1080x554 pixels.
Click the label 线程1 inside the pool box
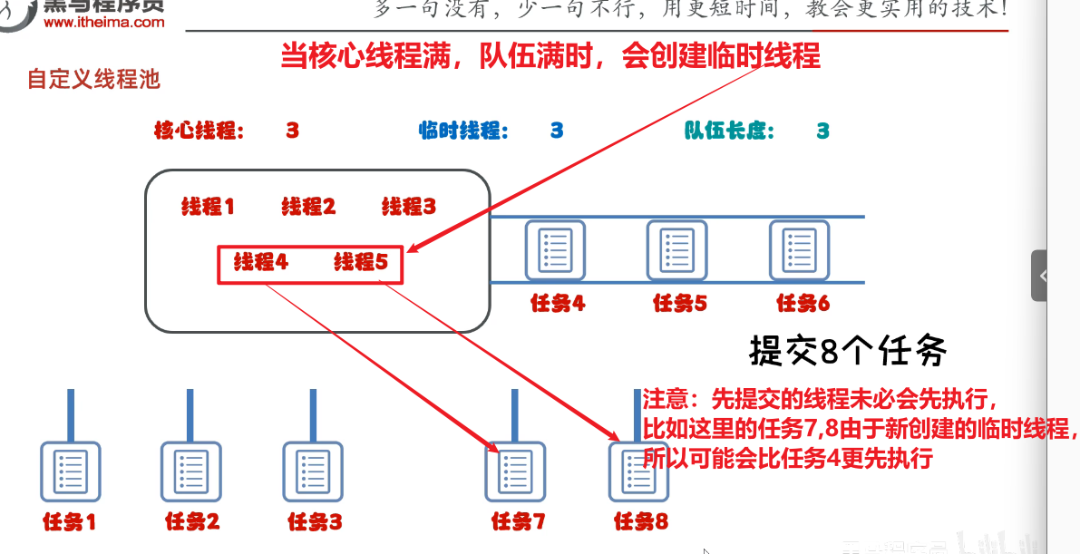point(208,207)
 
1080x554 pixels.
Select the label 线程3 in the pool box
point(408,207)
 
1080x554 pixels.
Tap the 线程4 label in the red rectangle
point(260,263)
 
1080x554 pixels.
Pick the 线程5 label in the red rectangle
point(360,263)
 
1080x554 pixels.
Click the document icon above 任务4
point(555,249)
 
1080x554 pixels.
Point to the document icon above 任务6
point(800,249)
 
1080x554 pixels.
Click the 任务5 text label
point(679,304)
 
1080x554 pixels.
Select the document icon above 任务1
point(70,471)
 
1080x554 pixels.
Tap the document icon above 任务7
point(516,471)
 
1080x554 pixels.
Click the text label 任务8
point(640,522)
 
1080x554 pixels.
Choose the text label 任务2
point(191,522)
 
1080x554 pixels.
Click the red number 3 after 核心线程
point(292,131)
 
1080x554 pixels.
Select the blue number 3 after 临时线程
point(557,131)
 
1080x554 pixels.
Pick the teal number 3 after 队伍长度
point(822,131)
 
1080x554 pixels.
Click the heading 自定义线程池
point(93,80)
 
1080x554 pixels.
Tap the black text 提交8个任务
point(848,350)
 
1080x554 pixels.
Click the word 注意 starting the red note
point(665,400)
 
